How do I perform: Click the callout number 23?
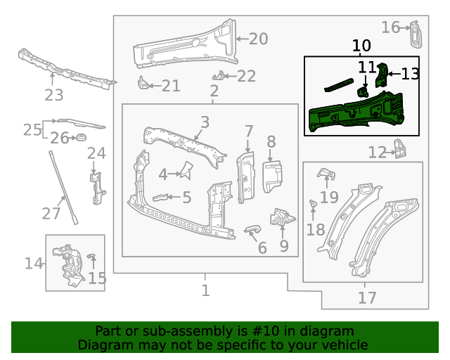(x=54, y=95)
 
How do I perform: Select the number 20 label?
(x=258, y=39)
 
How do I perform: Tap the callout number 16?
(x=391, y=27)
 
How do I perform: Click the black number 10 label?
(x=361, y=46)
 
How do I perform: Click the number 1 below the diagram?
(x=205, y=290)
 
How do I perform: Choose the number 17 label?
(x=367, y=298)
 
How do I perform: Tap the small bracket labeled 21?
(x=143, y=84)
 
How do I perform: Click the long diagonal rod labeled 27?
(x=63, y=187)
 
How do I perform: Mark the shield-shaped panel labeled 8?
(x=271, y=176)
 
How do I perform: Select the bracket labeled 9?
(x=281, y=219)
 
